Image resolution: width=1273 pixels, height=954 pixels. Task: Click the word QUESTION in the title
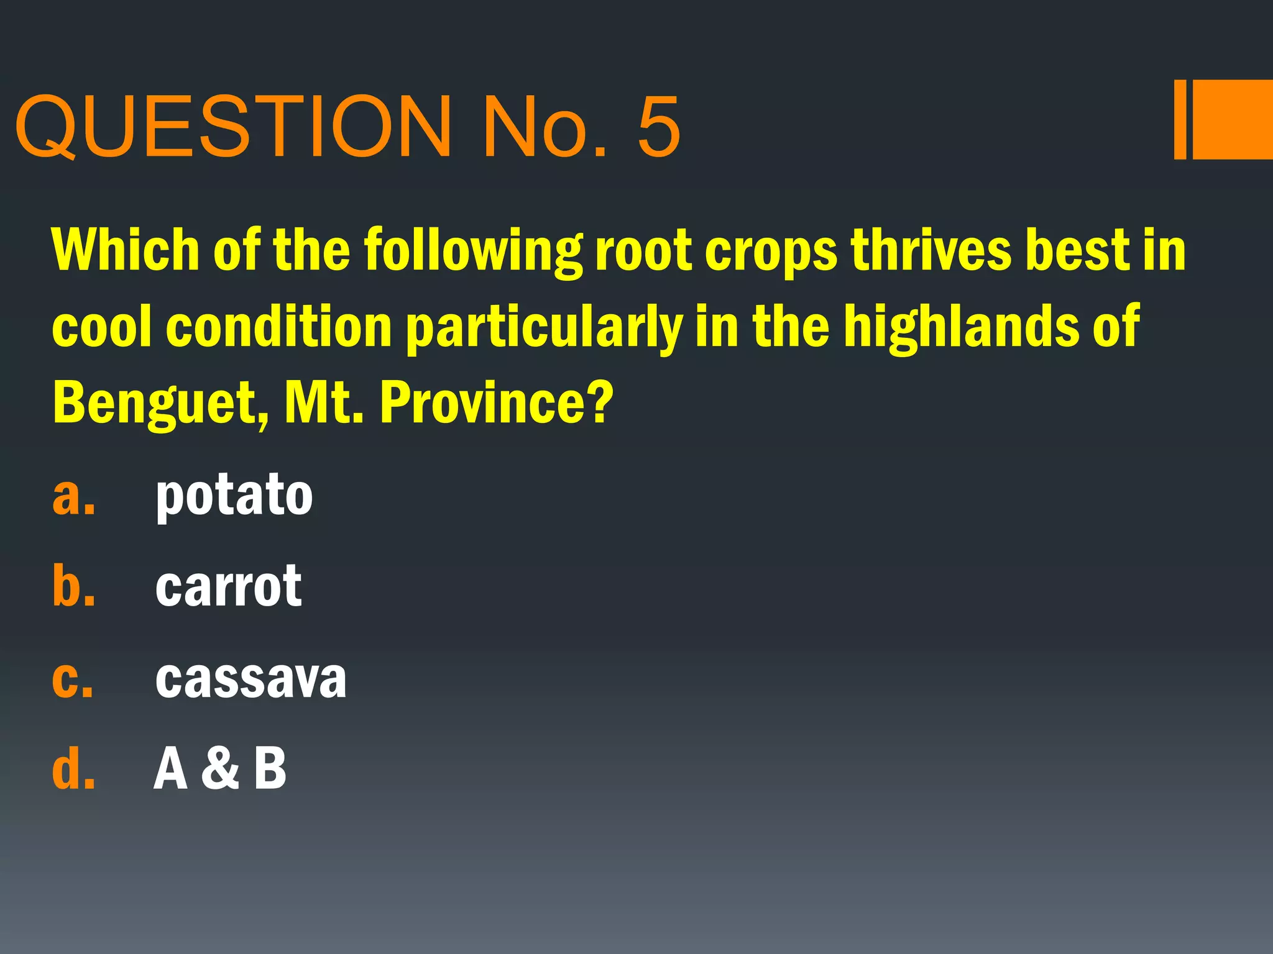coord(234,127)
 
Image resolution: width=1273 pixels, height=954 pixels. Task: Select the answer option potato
coord(234,496)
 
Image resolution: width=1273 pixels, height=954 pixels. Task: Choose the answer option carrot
coord(228,587)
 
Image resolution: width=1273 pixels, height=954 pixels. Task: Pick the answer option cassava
coord(250,678)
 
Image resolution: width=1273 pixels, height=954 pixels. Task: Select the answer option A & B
coord(220,769)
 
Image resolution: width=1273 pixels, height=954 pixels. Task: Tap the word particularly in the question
coord(544,328)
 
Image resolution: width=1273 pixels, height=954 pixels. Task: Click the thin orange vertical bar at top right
coord(1180,120)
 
